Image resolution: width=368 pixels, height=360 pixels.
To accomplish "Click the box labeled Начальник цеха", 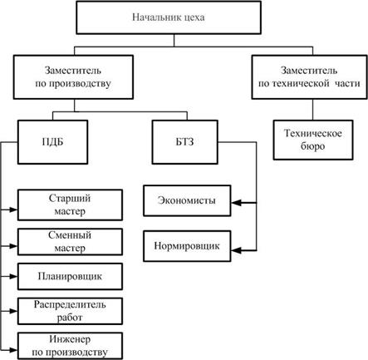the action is pos(169,17).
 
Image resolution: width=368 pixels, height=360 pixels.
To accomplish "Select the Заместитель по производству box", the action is pos(73,77).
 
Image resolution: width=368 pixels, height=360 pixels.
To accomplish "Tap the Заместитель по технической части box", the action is pos(309,77).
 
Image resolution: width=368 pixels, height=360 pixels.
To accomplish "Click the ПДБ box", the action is pos(52,142).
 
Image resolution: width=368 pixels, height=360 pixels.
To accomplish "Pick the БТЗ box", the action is pos(185,142).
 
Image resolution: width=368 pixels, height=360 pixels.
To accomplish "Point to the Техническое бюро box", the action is pos(313,140).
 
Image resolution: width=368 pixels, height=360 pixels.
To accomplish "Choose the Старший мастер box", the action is pos(70,205).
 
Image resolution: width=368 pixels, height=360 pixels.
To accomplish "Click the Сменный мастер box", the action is pos(70,242).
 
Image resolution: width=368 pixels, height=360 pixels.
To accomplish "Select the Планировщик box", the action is pos(70,277).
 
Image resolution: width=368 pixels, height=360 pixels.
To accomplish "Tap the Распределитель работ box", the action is pos(70,311).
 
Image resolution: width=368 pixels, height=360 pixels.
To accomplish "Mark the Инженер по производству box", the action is pos(70,346).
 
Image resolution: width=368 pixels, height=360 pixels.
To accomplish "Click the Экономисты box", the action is pos(187,200).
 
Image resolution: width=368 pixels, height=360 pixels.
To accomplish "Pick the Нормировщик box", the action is pos(187,246).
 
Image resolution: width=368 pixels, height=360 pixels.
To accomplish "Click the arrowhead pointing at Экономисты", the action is pos(236,203).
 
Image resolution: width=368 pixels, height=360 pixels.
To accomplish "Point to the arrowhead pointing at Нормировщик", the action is pos(236,251).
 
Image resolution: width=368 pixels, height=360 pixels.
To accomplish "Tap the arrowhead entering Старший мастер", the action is pos(13,210).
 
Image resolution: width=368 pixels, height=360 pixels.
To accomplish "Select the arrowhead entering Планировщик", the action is pos(13,276).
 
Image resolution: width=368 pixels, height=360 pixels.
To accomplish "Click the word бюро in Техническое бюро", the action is pos(312,146).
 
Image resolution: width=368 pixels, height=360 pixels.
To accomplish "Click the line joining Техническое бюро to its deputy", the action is pos(313,110).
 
